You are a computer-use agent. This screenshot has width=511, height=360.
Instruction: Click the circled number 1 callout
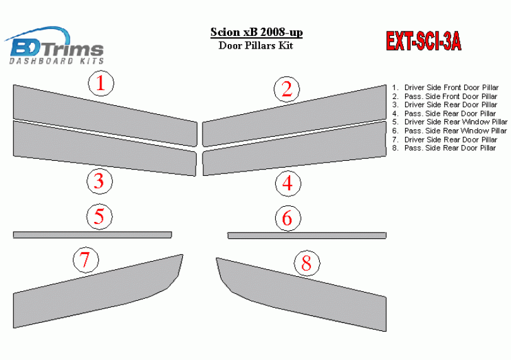[x=101, y=83]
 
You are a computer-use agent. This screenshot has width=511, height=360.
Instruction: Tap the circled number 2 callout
[x=287, y=90]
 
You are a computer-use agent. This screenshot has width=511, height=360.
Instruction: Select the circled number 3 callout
[x=100, y=182]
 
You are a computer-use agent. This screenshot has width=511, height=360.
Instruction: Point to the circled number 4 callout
[x=288, y=183]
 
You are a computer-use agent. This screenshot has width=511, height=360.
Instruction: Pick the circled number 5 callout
[x=100, y=217]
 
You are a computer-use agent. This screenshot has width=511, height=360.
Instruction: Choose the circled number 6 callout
[x=288, y=218]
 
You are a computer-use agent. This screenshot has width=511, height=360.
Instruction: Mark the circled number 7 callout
[x=86, y=260]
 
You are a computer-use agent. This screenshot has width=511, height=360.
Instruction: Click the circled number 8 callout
[x=307, y=264]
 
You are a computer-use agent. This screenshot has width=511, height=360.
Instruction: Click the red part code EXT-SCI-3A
[x=423, y=42]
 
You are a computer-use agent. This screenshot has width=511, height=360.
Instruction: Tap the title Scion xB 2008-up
[x=257, y=32]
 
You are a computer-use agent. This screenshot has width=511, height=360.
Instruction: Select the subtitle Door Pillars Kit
[x=256, y=45]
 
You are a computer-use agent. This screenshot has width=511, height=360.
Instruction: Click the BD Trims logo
[x=54, y=45]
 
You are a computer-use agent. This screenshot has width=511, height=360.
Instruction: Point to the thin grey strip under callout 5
[x=93, y=235]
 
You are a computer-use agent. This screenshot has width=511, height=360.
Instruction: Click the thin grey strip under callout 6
[x=307, y=235]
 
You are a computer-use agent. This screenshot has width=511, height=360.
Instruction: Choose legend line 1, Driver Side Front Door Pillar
[x=445, y=88]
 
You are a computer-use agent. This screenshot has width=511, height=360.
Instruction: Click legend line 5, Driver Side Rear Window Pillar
[x=450, y=122]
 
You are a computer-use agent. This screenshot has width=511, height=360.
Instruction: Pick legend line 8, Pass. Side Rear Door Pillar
[x=444, y=148]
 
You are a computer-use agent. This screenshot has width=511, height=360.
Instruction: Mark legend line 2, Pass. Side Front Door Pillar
[x=445, y=96]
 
